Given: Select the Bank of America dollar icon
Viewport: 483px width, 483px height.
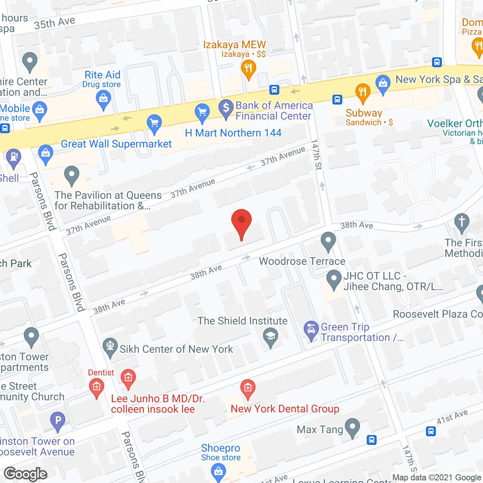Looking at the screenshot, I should tap(226, 108).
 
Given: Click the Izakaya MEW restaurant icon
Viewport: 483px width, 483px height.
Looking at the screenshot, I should tap(248, 69).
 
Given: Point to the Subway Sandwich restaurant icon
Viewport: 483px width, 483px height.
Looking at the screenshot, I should tap(363, 92).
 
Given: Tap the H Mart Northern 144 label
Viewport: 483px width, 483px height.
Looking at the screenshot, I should tap(233, 133).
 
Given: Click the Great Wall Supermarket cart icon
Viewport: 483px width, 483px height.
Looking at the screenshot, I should tap(154, 123).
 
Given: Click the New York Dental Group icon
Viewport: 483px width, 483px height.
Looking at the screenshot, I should tap(248, 388).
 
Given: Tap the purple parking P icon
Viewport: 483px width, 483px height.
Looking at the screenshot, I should tap(58, 420).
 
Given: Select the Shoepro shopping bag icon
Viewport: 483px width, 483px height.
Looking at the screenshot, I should tap(218, 472).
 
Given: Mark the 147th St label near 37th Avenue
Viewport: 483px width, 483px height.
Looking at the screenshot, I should tap(317, 155).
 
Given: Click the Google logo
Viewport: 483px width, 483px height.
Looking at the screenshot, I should tap(26, 474).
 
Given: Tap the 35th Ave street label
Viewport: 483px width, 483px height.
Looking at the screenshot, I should tap(55, 23).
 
